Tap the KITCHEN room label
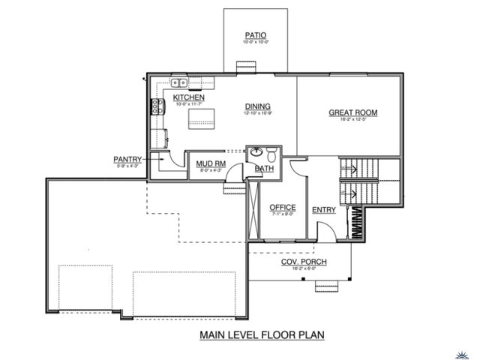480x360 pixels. click(x=189, y=98)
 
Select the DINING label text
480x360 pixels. click(x=257, y=106)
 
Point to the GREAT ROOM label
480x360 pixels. click(x=352, y=113)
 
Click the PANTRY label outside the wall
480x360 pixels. click(x=127, y=159)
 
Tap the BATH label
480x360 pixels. click(x=264, y=169)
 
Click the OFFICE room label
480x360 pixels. click(x=283, y=207)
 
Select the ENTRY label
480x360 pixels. click(x=324, y=210)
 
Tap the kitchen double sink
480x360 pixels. click(x=179, y=82)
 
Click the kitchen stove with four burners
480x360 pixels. click(x=157, y=107)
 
